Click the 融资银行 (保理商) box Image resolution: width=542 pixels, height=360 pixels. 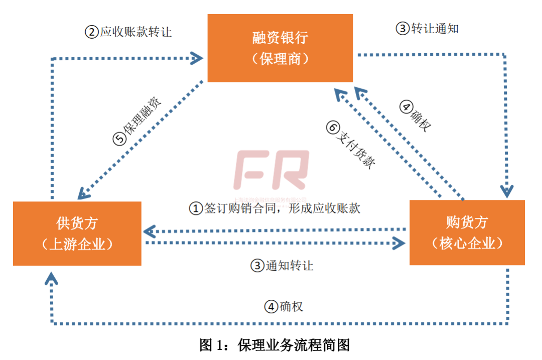[x=280, y=48]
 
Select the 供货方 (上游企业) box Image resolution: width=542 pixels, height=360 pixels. [x=77, y=233]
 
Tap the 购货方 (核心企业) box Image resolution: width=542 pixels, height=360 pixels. [x=467, y=232]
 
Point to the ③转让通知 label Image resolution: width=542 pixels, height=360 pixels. [x=427, y=29]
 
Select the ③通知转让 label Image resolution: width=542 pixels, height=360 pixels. [x=282, y=266]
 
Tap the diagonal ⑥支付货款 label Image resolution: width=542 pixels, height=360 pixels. [x=351, y=146]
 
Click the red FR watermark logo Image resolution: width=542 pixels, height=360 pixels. [x=272, y=171]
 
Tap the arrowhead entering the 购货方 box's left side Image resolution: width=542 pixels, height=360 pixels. [x=399, y=244]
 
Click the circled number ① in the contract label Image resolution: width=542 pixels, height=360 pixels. [x=195, y=208]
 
